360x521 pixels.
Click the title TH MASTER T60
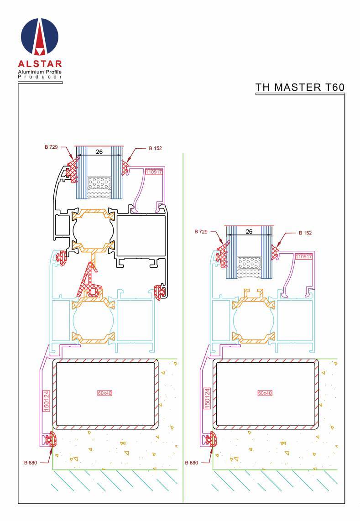click(300, 87)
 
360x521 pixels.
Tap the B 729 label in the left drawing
click(52, 147)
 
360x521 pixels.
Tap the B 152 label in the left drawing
click(155, 148)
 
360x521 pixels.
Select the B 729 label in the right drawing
click(201, 232)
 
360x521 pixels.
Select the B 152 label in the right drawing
click(305, 233)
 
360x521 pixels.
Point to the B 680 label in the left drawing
click(31, 462)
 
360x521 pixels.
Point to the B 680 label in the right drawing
click(192, 462)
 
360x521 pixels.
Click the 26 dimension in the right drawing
click(249, 232)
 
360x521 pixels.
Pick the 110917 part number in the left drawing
click(153, 172)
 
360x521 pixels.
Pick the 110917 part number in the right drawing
click(303, 257)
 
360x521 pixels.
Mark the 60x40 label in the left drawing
click(104, 393)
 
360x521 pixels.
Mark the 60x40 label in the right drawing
click(265, 393)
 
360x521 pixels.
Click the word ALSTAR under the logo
click(40, 64)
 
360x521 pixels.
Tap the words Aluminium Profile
click(39, 72)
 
